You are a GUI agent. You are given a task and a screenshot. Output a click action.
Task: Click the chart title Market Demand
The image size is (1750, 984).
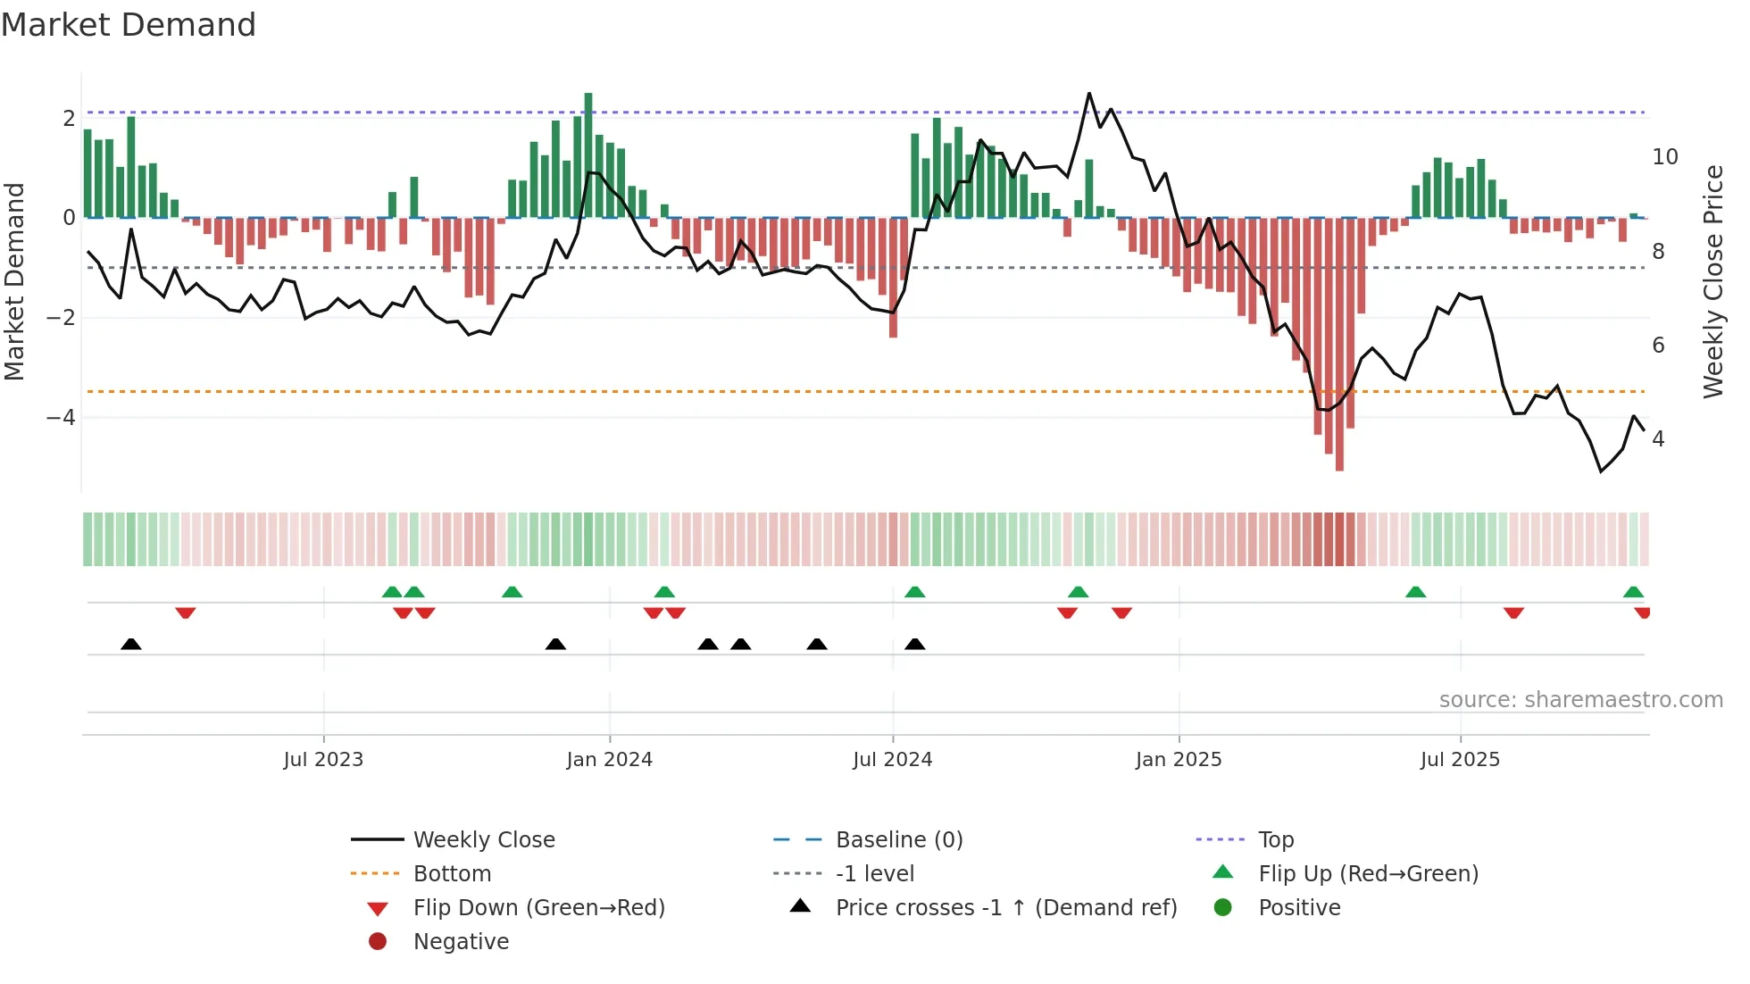coord(129,25)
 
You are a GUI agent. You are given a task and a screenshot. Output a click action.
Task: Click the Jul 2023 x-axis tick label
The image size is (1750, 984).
coord(323,760)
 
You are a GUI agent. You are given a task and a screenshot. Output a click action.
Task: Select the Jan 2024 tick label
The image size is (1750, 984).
coord(609,760)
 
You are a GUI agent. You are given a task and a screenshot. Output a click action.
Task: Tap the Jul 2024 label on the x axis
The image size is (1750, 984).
coord(892,760)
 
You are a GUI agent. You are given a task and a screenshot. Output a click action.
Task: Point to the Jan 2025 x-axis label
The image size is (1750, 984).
coord(1179,760)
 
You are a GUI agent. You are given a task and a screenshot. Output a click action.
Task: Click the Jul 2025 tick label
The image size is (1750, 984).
coord(1460,760)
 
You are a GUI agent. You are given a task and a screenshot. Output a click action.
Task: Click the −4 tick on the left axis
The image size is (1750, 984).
coord(61,418)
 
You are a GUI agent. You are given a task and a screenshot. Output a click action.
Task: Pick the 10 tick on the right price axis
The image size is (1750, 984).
coord(1664,157)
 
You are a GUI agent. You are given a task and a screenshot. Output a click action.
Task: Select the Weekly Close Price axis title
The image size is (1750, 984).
coord(1712,281)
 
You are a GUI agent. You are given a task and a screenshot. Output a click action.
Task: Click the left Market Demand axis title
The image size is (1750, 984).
coord(15,281)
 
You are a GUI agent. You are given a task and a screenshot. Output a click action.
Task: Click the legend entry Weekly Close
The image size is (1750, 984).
coord(483,840)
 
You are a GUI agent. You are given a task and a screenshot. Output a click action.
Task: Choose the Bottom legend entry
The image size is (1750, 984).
coord(452,874)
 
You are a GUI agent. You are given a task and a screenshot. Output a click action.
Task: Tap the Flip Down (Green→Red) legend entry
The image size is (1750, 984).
coord(538,908)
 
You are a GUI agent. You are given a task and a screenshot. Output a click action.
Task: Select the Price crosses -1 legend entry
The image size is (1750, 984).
coord(1005,908)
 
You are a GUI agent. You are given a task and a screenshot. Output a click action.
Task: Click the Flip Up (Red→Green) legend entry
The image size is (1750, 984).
coord(1368,874)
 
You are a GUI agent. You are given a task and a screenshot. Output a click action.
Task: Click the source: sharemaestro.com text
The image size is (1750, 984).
coord(1580,700)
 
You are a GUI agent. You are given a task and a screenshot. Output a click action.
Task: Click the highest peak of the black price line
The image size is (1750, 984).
coord(1089,94)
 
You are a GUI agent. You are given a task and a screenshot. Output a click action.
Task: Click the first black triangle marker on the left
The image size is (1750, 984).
coord(131,644)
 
